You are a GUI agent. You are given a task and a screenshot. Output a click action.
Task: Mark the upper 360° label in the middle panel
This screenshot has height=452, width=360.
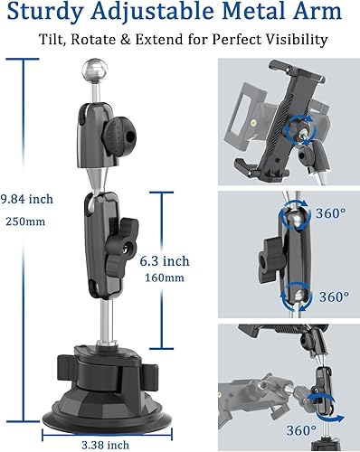tap(330, 213)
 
